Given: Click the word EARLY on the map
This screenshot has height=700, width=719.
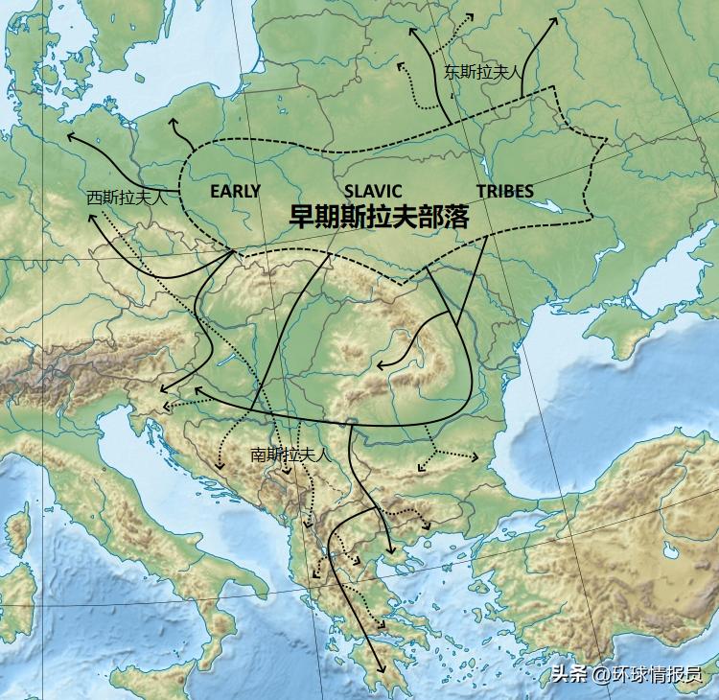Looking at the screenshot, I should tap(235, 191).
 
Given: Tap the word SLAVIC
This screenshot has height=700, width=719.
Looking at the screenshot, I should tap(372, 191).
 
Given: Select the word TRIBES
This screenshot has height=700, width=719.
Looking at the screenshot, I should tap(504, 191).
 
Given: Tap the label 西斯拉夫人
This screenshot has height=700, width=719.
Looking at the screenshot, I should tap(127, 198).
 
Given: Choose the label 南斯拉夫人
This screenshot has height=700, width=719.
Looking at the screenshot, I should tap(290, 455).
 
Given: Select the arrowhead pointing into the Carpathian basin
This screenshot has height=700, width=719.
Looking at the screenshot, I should tap(380, 366).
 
